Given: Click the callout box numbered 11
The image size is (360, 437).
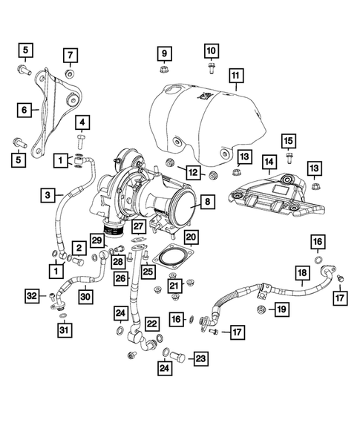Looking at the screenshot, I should (x=236, y=75).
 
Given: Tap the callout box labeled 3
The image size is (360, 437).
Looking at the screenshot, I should (x=48, y=196).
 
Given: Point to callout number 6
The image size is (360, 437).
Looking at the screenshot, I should (x=24, y=110).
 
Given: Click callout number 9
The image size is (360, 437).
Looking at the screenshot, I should (x=164, y=53).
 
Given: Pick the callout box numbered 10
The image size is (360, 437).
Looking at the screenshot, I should (x=211, y=51).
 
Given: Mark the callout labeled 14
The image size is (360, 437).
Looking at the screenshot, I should (x=269, y=161).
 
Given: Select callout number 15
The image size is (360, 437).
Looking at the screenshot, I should (x=288, y=141).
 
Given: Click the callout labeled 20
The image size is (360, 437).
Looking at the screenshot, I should (x=192, y=237).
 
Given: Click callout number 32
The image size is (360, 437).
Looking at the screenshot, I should (x=31, y=297).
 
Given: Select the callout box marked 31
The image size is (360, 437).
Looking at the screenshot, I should (x=66, y=330).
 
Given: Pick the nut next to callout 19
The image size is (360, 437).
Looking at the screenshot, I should (x=261, y=308).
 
